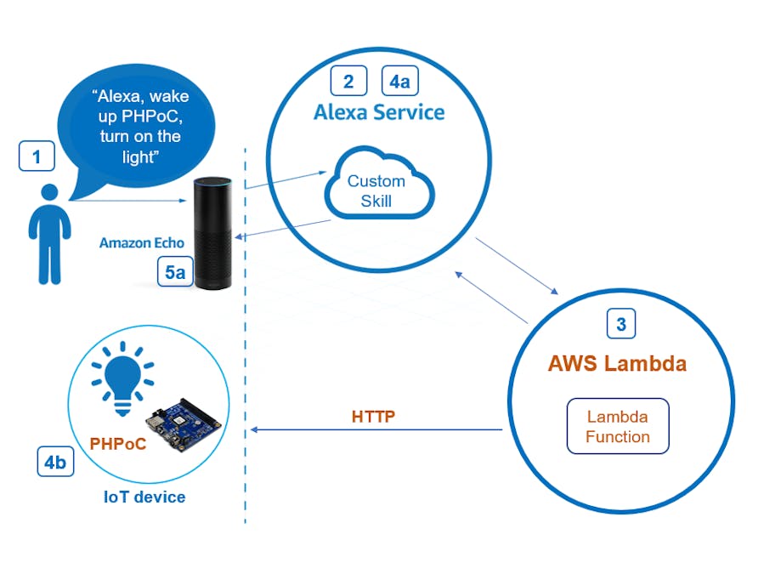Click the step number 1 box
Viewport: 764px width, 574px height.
(37, 156)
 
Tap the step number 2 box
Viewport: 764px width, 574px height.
(348, 81)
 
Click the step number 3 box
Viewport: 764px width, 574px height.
(620, 323)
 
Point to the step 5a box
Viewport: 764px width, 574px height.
(175, 272)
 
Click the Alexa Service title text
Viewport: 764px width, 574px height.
(379, 112)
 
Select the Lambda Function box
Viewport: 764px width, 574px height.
(618, 426)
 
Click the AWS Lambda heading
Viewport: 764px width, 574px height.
(617, 364)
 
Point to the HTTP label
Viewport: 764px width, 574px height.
(374, 417)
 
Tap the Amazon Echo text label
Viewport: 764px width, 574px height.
(141, 243)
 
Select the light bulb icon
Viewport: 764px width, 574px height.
(123, 377)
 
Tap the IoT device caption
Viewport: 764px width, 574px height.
(144, 497)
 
